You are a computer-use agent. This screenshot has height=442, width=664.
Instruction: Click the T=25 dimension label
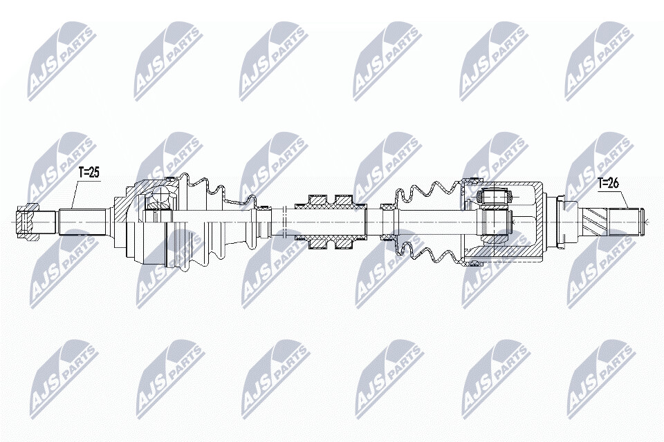89,173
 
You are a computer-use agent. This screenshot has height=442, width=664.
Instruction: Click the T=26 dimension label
608,183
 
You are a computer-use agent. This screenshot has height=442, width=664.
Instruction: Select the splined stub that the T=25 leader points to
84,222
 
